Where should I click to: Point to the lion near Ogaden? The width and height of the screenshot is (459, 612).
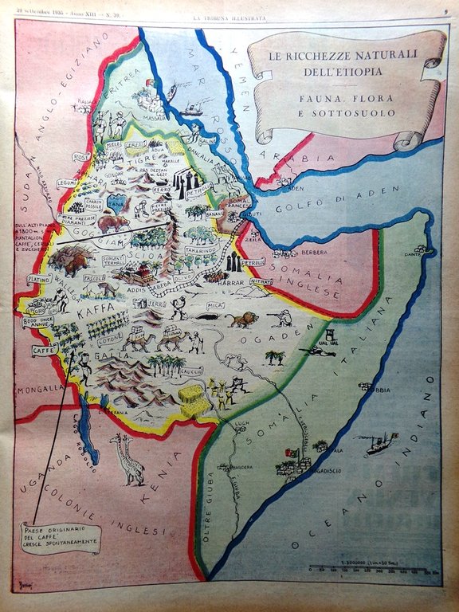coord(241,320)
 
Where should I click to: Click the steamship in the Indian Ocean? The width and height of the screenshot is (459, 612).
coord(380,444)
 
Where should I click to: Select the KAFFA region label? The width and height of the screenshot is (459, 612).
coord(93,315)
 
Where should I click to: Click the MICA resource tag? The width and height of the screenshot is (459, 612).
coord(214,305)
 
